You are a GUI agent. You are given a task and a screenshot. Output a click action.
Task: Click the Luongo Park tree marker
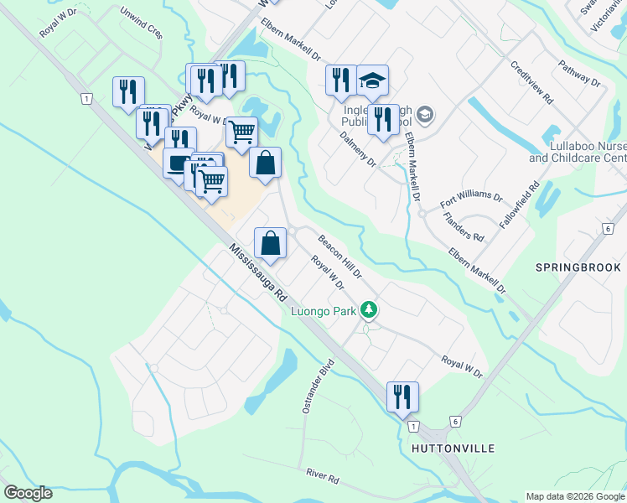[368, 311]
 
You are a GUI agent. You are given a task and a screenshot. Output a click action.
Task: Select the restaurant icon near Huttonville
[402, 396]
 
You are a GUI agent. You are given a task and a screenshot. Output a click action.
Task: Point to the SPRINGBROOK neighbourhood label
[578, 267]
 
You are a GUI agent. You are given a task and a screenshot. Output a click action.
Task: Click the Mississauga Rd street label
[257, 273]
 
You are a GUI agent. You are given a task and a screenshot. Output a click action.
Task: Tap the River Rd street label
[322, 478]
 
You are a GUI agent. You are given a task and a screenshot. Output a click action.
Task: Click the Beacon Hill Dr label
[339, 257]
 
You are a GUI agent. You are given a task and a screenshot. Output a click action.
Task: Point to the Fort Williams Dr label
[471, 202]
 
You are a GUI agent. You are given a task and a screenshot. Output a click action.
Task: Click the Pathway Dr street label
[579, 73]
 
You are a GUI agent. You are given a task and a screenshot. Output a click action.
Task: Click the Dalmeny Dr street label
[358, 148]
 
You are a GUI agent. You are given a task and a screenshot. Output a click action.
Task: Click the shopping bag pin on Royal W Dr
[271, 244]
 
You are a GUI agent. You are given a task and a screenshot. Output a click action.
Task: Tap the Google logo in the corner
[28, 493]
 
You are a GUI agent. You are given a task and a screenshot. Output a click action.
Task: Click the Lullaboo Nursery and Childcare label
[578, 152]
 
